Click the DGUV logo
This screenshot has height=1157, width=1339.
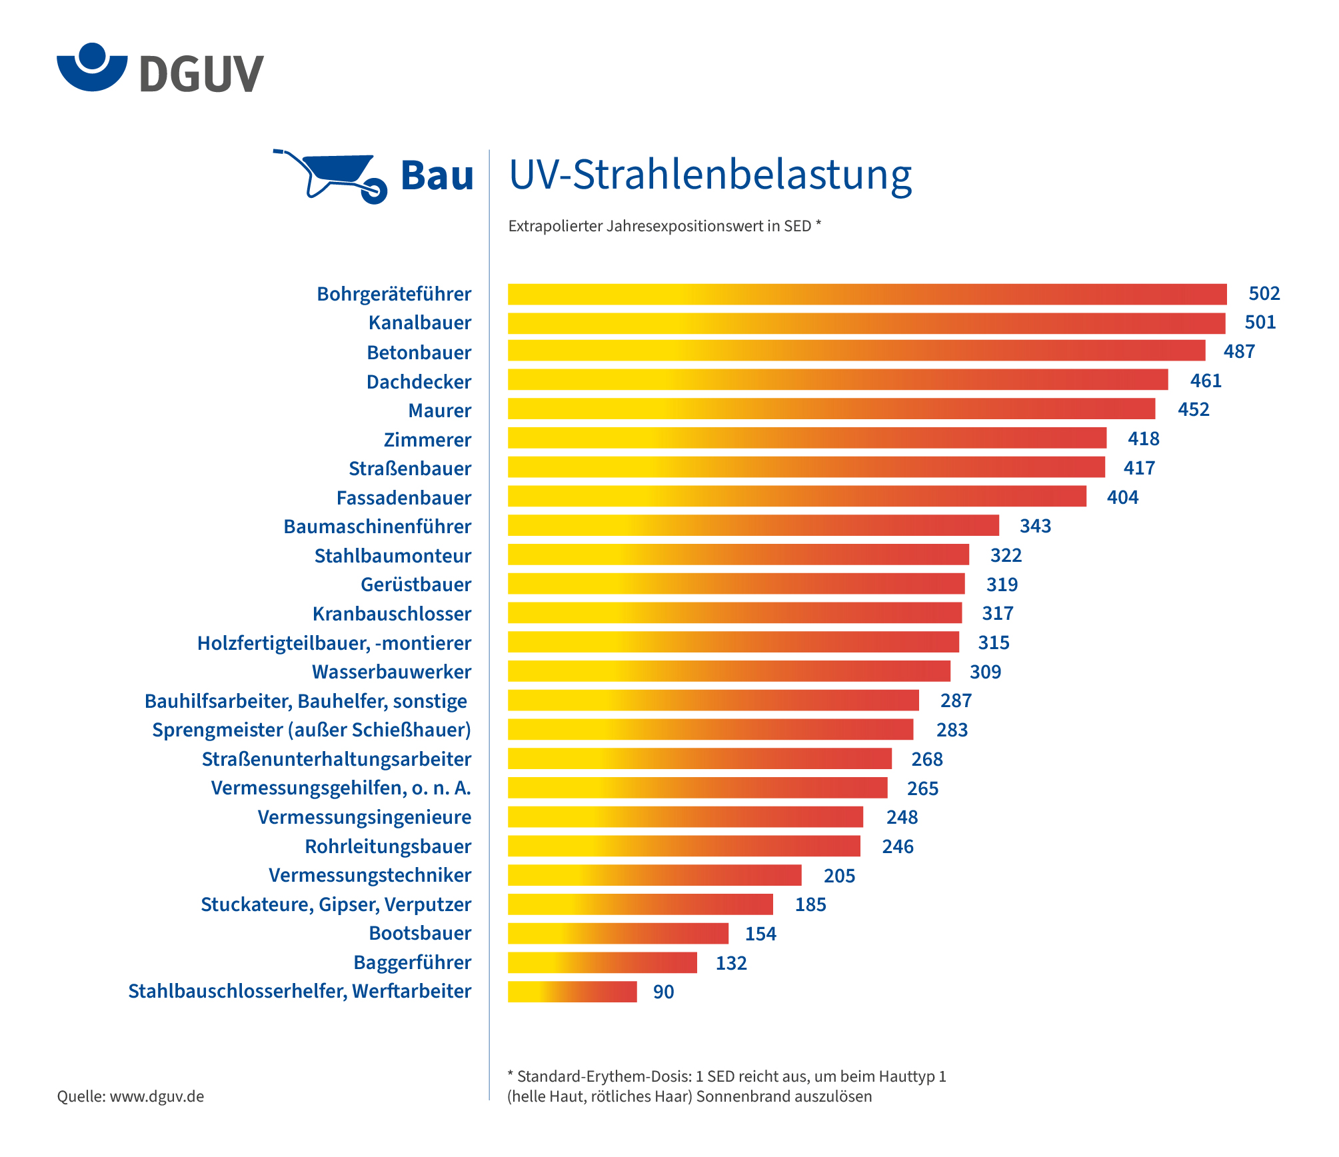point(160,69)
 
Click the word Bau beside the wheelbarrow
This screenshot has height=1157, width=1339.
point(437,176)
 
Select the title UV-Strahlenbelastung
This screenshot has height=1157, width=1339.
point(710,175)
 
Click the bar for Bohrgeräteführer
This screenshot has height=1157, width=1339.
point(866,294)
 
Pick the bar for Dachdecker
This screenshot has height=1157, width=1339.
point(837,380)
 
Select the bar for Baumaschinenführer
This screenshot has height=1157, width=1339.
point(753,525)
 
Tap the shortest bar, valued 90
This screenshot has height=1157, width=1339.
point(572,992)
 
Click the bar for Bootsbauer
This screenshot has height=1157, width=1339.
point(618,933)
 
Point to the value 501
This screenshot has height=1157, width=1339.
point(1260,323)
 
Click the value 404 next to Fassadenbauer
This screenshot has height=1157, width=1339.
point(1122,497)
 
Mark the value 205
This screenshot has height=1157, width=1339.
point(839,876)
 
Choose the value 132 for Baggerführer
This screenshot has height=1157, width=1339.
point(731,963)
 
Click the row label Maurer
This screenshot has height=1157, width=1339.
point(439,411)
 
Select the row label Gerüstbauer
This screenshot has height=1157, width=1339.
point(416,584)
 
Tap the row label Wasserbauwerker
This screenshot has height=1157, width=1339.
point(391,672)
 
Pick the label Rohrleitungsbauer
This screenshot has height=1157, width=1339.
point(388,846)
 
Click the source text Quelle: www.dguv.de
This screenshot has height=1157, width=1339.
point(131,1096)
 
